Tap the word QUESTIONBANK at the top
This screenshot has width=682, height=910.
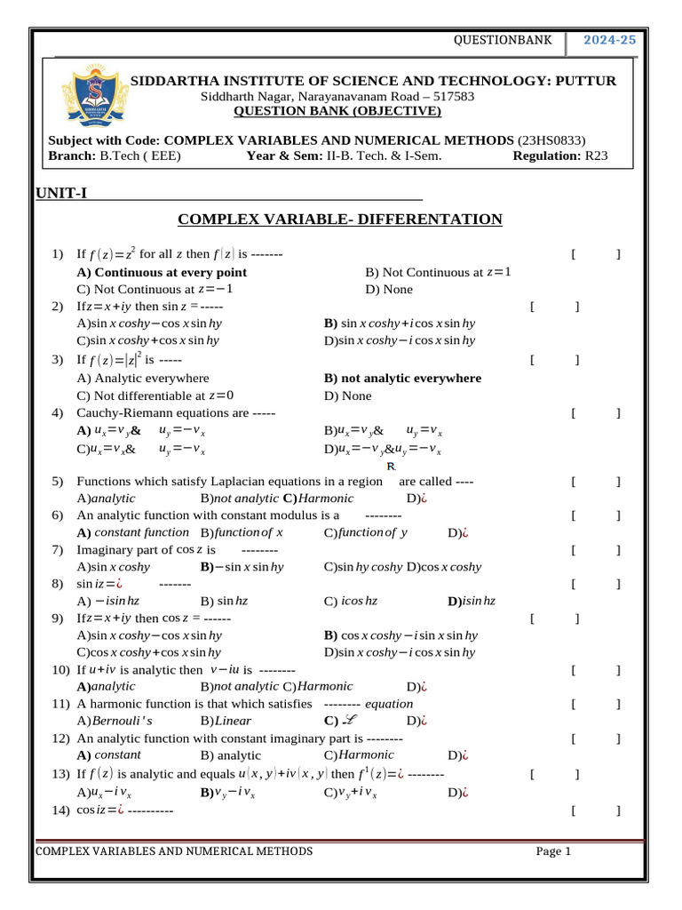point(503,40)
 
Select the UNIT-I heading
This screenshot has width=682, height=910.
point(61,194)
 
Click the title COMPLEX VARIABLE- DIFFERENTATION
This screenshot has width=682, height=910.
point(340,220)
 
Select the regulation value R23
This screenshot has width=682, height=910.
point(595,156)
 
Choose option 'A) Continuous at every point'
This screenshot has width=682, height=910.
point(162,272)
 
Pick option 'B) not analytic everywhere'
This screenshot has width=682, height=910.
point(403,378)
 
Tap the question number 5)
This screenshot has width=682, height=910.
point(58,482)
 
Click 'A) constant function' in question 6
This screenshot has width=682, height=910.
point(133,532)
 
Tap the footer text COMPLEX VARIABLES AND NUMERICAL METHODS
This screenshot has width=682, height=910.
point(174,851)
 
